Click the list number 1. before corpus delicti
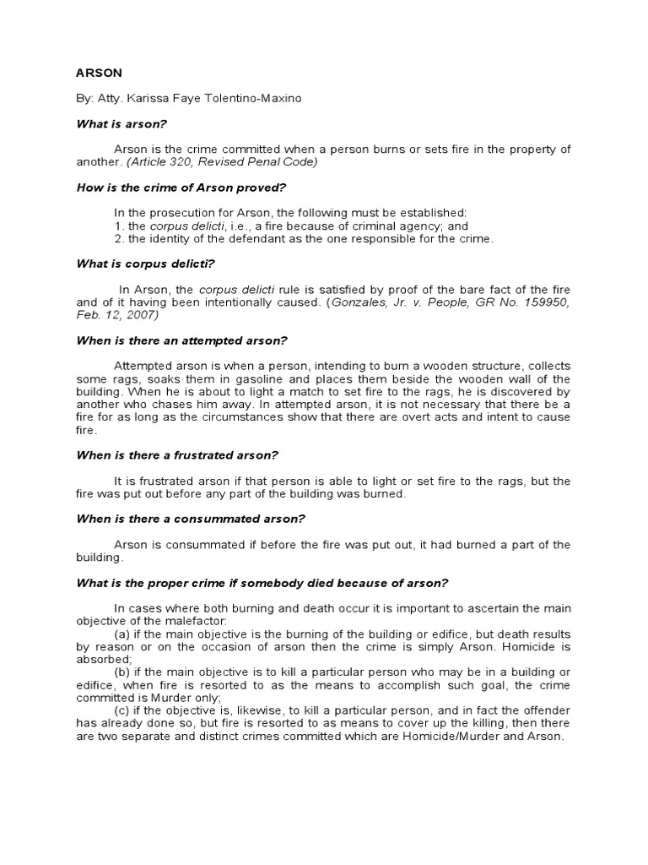[117, 226]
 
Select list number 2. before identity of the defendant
[117, 238]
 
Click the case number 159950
[543, 302]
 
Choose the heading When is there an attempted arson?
[182, 340]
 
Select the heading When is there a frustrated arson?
[177, 454]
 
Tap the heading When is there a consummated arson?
[191, 518]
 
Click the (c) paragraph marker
[121, 710]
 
